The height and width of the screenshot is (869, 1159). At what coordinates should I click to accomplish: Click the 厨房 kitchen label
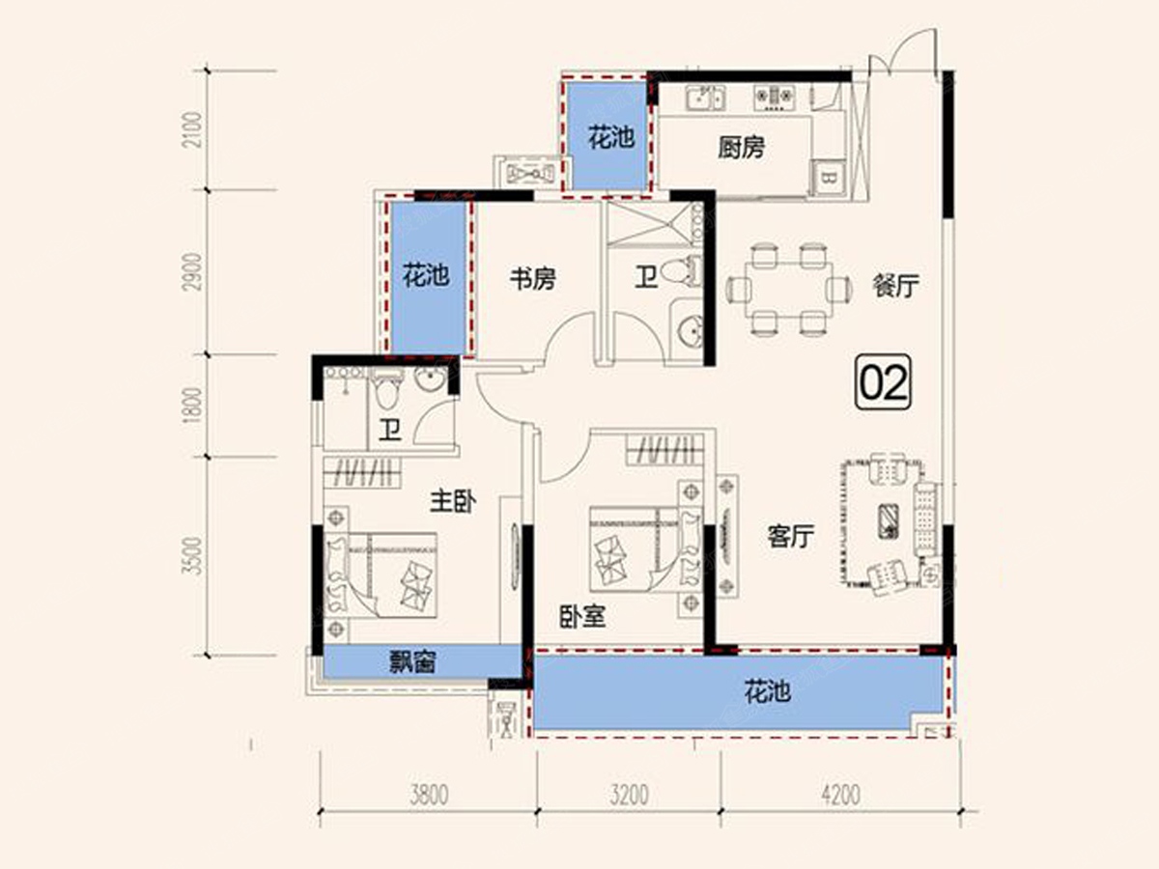741,148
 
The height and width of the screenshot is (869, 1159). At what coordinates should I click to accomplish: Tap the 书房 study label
533,279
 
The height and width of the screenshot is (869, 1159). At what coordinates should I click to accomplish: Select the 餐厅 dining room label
896,286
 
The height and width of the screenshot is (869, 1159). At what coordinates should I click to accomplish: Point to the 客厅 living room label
790,536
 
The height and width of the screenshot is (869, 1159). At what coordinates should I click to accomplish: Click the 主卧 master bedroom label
453,501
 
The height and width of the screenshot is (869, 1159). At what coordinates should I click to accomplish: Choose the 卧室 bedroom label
582,616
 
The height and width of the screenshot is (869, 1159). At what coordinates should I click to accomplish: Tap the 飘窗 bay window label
412,661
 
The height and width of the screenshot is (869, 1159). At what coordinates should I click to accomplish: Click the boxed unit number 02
884,382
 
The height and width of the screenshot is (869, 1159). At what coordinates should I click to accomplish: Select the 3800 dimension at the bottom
429,795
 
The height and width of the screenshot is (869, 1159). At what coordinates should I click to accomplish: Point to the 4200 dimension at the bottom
840,795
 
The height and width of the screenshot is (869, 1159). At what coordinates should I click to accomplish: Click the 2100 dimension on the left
193,129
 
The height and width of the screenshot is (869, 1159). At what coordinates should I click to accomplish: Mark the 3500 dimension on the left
193,555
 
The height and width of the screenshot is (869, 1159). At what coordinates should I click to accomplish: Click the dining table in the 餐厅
789,289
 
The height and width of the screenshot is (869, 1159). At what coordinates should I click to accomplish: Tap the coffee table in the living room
889,521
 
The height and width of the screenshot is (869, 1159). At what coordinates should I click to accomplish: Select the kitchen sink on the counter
705,98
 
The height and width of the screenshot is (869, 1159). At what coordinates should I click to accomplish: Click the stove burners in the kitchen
774,98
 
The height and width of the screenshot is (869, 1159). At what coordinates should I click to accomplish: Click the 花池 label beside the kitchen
611,138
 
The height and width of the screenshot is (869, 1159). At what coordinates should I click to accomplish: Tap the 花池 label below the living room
767,691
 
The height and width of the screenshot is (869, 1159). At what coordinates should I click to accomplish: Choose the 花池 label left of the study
426,275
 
